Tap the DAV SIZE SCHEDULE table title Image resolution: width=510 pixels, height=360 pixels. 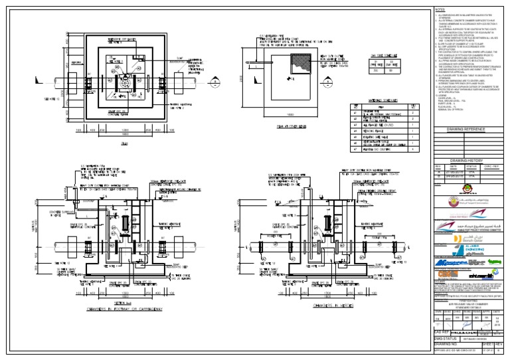(x=376, y=56)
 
